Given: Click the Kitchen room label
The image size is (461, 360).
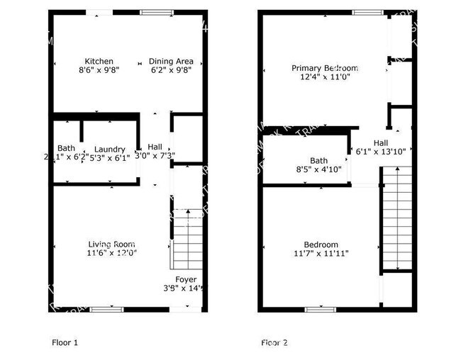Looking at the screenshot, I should tap(99, 61).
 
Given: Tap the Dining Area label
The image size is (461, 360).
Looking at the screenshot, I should tap(171, 61).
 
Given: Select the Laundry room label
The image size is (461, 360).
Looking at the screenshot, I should tap(109, 149).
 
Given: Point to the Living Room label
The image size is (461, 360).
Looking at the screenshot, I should tap(111, 243).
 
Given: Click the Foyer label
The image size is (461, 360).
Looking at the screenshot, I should tap(186, 279).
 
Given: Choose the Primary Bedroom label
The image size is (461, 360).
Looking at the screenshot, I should tap(325, 68).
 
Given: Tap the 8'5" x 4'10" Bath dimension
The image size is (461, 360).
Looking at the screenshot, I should tap(318, 169).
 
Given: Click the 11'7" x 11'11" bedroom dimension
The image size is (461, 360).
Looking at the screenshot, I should tap(321, 253).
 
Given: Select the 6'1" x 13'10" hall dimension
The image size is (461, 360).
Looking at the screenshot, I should tap(380, 151).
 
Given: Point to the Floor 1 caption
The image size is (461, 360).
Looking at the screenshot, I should tap(65, 343).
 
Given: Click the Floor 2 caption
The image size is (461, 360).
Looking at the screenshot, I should tap(274, 343).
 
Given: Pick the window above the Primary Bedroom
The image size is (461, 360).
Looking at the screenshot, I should tap(365, 12).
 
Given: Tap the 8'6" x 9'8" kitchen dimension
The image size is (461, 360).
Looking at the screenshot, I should tap(99, 70).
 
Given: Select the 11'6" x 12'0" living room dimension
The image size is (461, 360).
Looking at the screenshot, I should tap(111, 252).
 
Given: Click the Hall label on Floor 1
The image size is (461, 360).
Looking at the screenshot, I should tap(155, 147).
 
